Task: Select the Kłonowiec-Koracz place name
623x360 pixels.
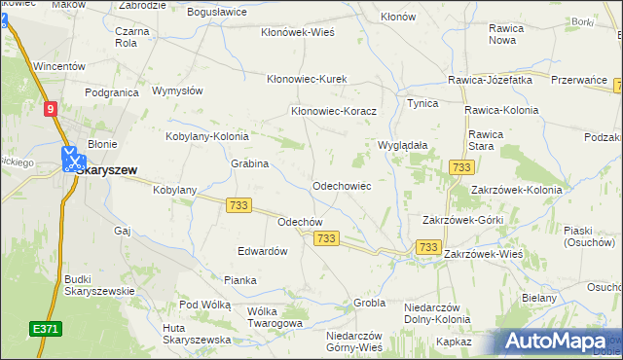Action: point(334,111)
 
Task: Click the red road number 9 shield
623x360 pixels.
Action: point(50,111)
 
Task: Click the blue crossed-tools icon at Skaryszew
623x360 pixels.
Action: point(72,160)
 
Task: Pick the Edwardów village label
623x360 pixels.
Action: point(263,250)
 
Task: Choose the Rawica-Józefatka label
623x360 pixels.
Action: point(490,80)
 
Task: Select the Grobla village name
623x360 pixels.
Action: point(370,304)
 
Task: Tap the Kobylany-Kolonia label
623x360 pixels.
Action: point(207,137)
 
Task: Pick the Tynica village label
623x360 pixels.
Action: point(422,102)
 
